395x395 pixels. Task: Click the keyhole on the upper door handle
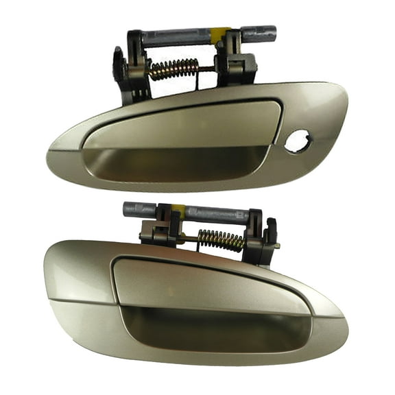(x=299, y=143)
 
